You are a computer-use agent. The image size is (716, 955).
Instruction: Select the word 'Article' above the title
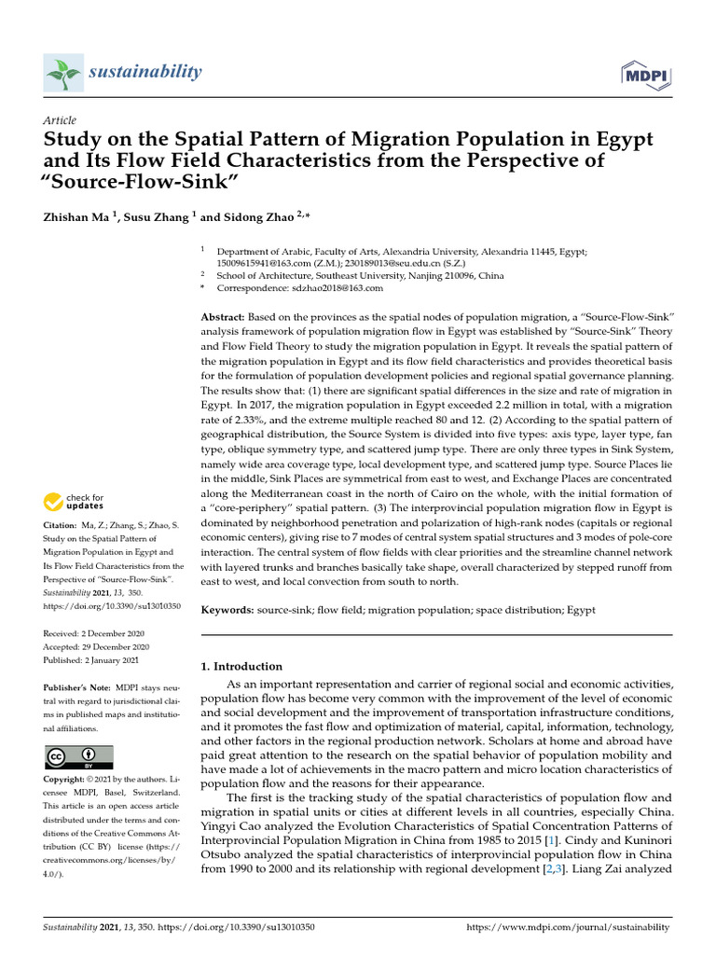60,121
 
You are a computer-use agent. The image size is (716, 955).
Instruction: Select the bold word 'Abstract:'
224,317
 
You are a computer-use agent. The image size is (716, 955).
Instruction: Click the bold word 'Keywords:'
227,609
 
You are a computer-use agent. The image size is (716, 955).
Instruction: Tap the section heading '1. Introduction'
241,666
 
